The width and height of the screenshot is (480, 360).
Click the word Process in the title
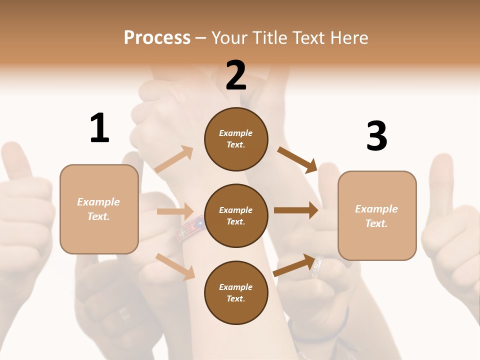[157, 37]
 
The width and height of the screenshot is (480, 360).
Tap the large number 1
[99, 128]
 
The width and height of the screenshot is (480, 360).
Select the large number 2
[236, 75]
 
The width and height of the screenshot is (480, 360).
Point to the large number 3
[376, 136]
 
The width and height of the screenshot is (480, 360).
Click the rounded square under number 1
[99, 209]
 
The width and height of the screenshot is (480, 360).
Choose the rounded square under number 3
[377, 215]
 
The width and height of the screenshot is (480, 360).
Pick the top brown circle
[236, 139]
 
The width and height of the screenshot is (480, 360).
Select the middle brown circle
[236, 215]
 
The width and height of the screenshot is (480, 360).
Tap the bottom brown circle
[236, 292]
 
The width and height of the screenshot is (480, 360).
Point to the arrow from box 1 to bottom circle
[175, 266]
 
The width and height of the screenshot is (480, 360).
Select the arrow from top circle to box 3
[297, 159]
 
